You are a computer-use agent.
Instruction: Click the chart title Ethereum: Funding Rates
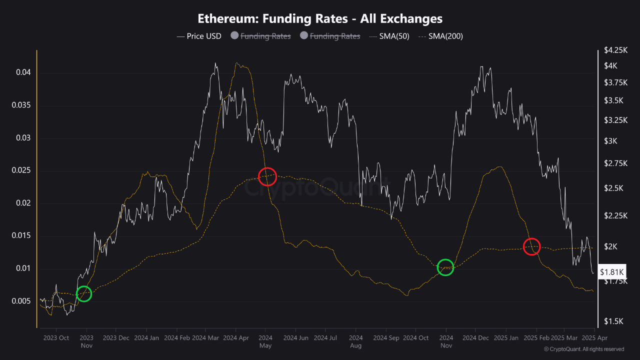click(320, 18)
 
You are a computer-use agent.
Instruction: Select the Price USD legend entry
click(199, 36)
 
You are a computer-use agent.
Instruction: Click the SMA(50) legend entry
click(388, 36)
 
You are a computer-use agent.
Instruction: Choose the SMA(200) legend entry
click(440, 36)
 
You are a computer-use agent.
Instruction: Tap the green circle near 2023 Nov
click(84, 294)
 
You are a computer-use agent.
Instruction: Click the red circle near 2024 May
click(267, 176)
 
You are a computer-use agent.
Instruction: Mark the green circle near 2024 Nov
click(445, 267)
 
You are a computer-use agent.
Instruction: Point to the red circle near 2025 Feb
click(531, 246)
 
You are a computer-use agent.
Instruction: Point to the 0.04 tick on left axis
click(23, 72)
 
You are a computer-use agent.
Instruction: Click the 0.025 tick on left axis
click(21, 170)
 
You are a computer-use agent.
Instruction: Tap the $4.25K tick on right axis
click(615, 50)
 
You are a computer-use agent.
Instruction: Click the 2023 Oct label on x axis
click(56, 337)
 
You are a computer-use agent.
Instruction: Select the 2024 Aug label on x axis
click(356, 341)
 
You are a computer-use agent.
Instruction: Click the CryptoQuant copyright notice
click(583, 349)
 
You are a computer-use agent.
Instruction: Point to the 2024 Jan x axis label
click(147, 337)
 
